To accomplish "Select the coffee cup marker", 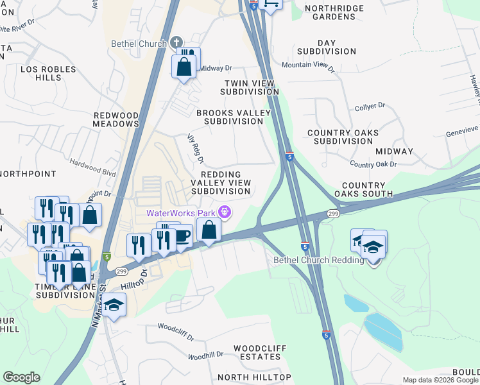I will coord(182,235).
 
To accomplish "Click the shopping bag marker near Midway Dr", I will coord(184,67).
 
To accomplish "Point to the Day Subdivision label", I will coord(326,47).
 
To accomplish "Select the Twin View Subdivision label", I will coord(249,88).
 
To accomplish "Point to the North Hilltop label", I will coord(254,377).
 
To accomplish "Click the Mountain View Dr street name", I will coord(308,65).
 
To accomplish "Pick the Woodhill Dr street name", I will coord(206,355).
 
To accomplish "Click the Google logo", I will coord(21,377).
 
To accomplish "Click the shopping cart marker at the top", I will coord(271,5).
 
